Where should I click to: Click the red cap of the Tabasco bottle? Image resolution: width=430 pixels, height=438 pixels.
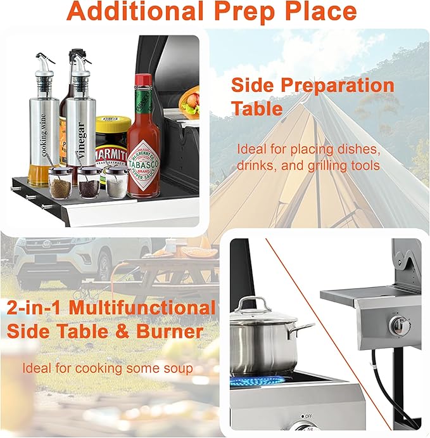click(x=144, y=81)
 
